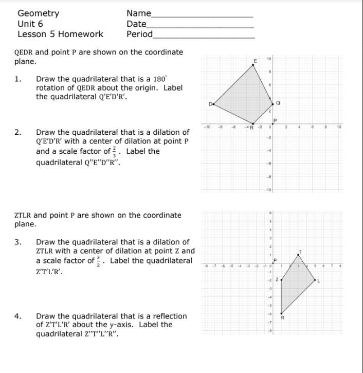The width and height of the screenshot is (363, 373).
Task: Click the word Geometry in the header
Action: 38,13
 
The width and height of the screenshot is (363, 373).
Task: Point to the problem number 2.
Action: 17,132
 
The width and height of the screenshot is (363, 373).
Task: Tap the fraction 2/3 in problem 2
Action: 121,152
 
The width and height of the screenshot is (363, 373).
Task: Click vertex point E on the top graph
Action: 257,66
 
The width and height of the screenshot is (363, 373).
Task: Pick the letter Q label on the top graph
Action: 278,102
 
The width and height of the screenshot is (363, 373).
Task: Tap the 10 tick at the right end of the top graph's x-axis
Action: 339,127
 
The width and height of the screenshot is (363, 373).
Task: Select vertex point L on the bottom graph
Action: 315,281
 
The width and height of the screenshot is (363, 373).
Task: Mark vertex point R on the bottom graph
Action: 281,312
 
